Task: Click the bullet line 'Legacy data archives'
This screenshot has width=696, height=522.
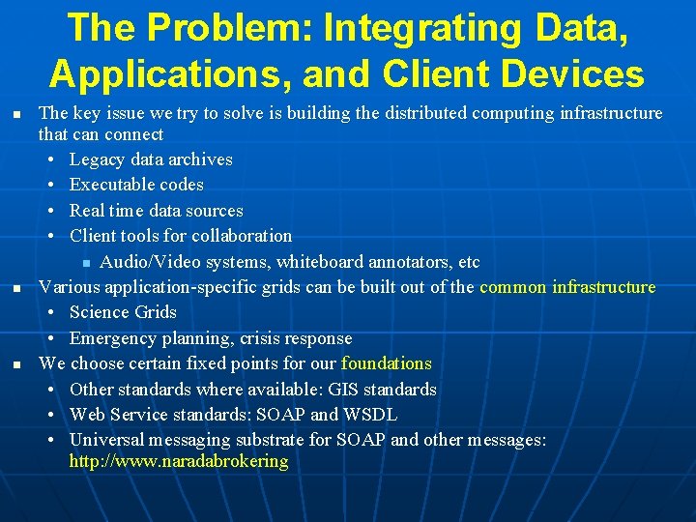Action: (151, 159)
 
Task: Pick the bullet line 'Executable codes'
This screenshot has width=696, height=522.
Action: (136, 185)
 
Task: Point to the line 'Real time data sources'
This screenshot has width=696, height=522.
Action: (156, 211)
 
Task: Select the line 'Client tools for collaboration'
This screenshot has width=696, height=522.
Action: (181, 236)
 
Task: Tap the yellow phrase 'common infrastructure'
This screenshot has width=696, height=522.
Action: (567, 287)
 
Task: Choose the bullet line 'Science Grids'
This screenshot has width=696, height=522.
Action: (123, 312)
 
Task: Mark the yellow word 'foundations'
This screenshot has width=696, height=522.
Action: (387, 363)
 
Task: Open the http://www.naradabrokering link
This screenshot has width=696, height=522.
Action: (179, 461)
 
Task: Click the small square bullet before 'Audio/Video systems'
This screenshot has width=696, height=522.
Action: (86, 263)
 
